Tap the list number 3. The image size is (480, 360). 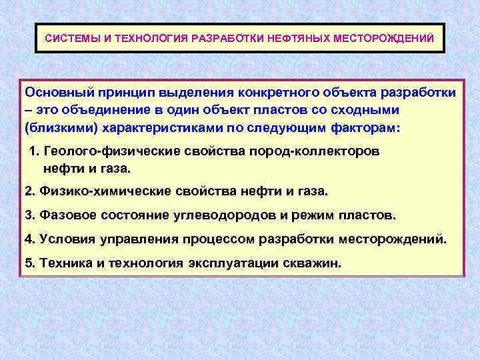pyautogui.click(x=29, y=215)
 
